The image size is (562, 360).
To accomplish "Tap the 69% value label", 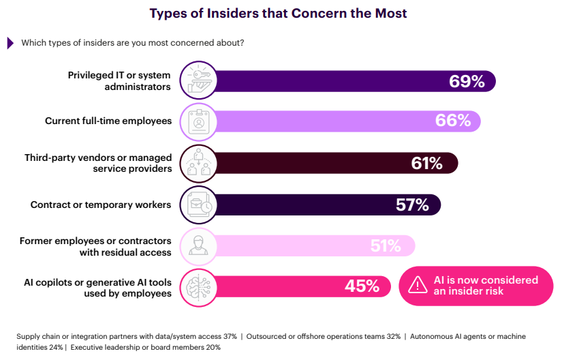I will click(467, 82).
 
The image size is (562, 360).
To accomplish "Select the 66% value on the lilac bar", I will click(453, 121).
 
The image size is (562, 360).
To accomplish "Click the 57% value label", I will click(412, 204).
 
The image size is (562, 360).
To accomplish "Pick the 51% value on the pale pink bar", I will click(386, 245).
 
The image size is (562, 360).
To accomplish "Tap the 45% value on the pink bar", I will click(362, 286).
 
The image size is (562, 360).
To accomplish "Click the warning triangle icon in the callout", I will click(417, 286).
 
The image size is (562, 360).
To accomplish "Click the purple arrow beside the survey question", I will click(10, 43).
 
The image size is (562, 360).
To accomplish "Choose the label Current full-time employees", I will click(108, 121).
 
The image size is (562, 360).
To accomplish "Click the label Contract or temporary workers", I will click(101, 204).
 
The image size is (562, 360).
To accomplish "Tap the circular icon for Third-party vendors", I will click(198, 163).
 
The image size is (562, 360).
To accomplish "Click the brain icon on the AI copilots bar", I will click(198, 286).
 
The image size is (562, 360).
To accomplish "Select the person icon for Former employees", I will click(198, 245).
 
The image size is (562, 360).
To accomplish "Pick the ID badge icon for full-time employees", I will click(198, 121).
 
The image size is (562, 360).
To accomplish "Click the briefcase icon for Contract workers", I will click(198, 204).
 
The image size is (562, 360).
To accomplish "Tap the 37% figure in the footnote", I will click(229, 336).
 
